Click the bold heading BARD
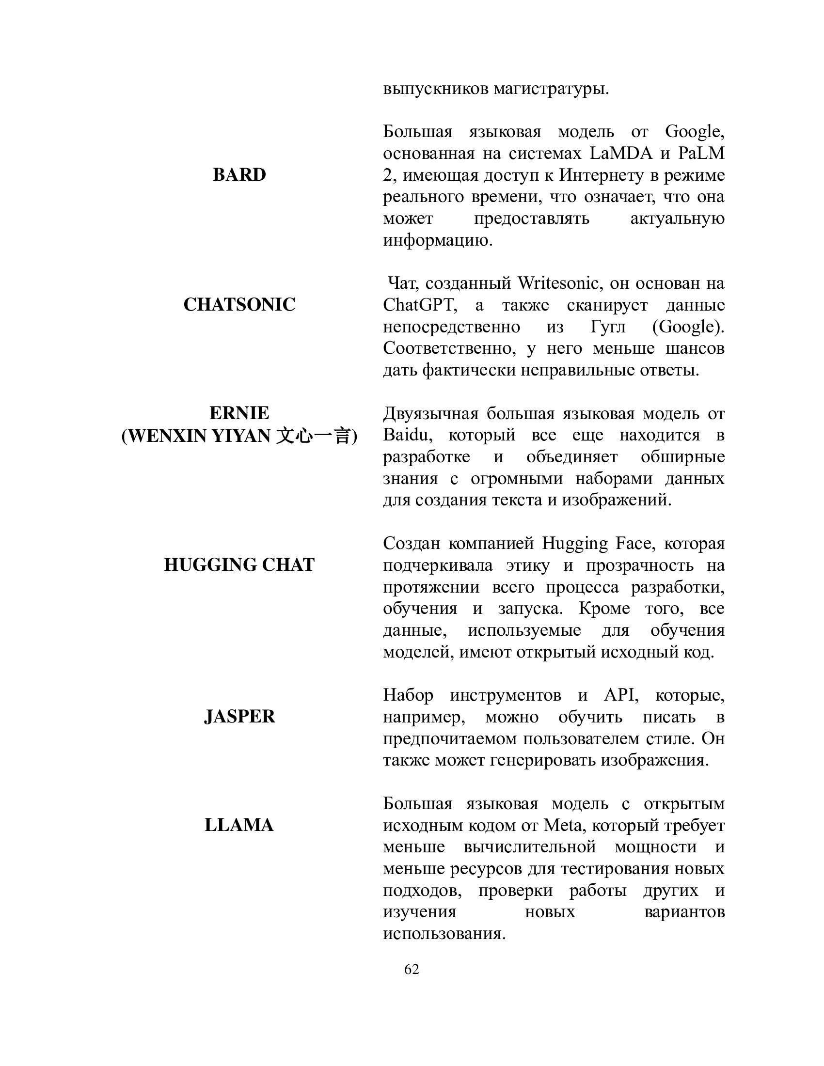pos(239,175)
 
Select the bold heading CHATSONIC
pos(239,305)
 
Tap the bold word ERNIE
pos(239,413)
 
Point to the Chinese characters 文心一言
pos(313,436)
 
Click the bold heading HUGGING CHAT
pos(239,564)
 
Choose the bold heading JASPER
pos(239,717)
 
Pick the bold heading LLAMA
pos(239,825)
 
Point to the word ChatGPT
pos(420,305)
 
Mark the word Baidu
pos(405,435)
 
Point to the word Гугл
pos(608,327)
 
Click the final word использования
pos(444,934)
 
